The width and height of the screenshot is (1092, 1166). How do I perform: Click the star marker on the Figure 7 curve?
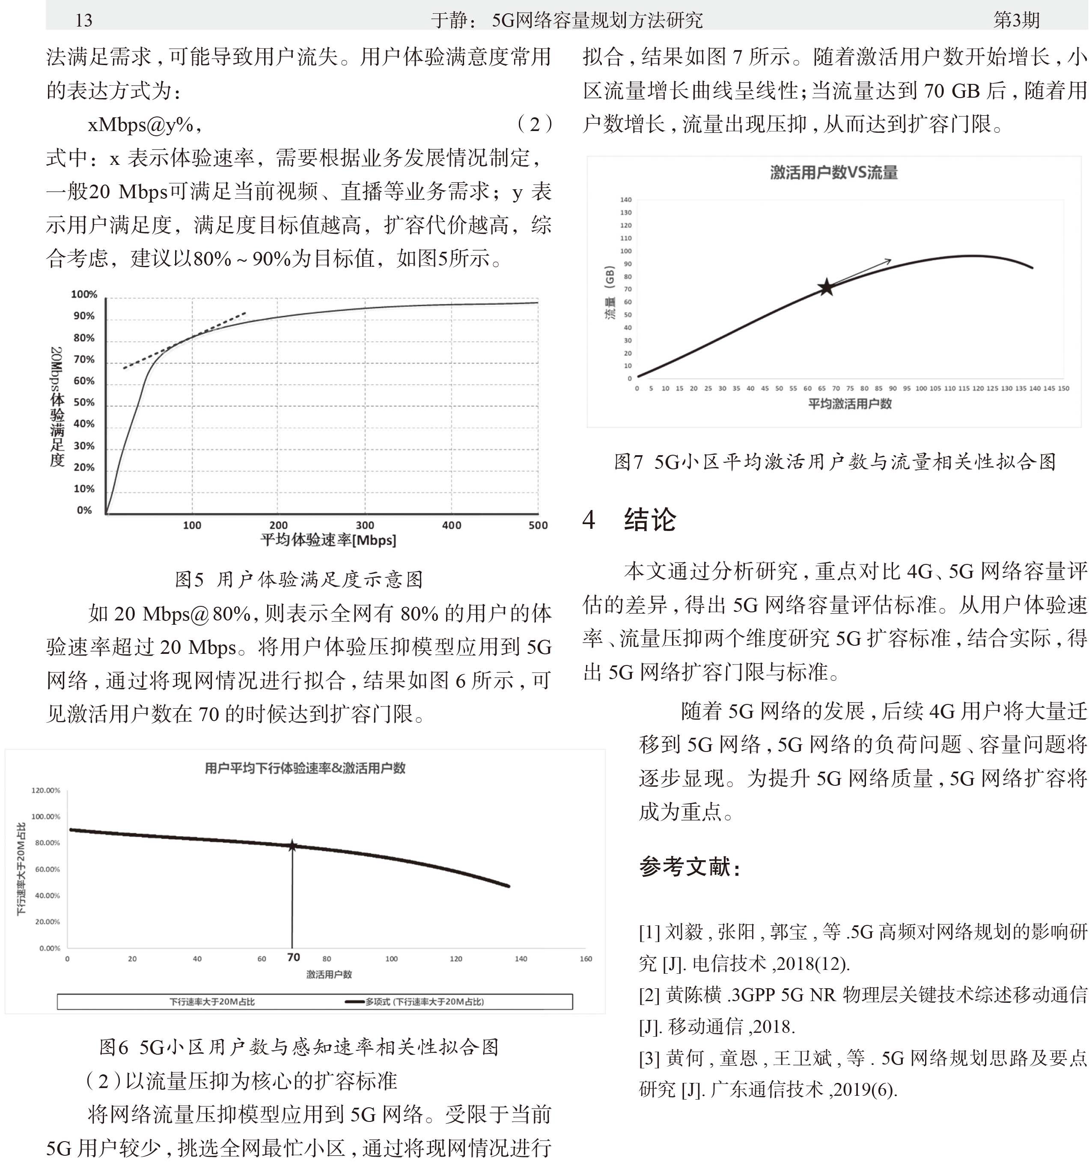(826, 287)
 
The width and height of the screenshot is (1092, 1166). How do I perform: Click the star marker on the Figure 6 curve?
(292, 846)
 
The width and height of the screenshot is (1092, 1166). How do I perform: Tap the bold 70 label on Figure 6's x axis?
(293, 957)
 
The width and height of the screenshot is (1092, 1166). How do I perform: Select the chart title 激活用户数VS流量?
(833, 173)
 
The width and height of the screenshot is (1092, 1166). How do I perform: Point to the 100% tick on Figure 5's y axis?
(84, 295)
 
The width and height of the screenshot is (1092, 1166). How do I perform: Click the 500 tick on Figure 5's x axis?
(538, 525)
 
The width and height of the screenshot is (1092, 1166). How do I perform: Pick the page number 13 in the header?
(83, 21)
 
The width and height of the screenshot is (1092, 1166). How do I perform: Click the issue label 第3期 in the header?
(1016, 20)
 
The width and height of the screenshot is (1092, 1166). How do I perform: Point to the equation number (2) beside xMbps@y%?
(534, 124)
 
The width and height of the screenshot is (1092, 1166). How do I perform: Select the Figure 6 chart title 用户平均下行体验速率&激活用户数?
(305, 768)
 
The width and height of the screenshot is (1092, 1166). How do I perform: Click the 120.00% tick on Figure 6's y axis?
(46, 790)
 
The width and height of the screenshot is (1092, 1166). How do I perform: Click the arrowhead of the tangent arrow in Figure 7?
(889, 260)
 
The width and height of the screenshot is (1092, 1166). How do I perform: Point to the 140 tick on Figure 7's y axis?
(626, 200)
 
